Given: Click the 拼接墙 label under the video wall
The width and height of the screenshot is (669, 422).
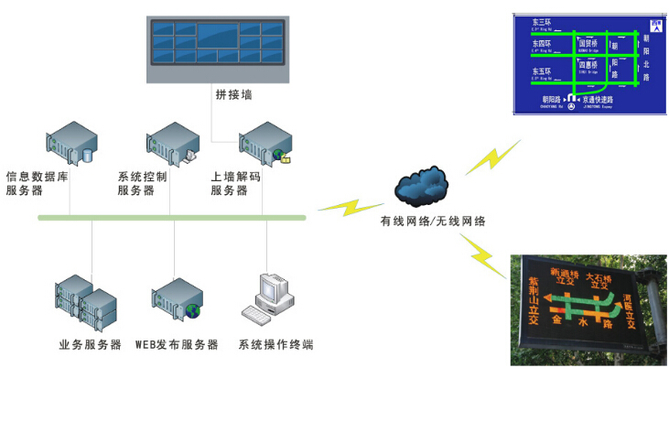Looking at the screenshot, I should (x=233, y=94).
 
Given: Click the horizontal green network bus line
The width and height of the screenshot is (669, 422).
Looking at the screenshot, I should (x=172, y=218).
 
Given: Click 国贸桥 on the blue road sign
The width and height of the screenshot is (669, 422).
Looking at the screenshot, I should (x=588, y=44).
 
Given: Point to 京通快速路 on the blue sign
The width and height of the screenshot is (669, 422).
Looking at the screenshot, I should (x=598, y=99).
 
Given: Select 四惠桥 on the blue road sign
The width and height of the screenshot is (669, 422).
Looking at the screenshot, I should (x=588, y=68).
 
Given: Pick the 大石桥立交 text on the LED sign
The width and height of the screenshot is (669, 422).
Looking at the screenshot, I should (x=599, y=278).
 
